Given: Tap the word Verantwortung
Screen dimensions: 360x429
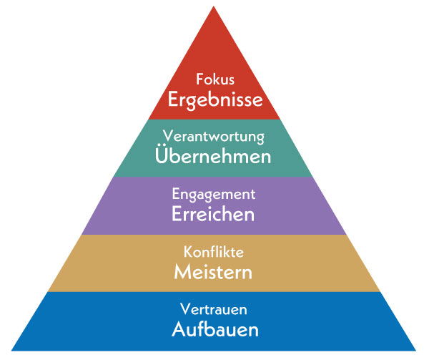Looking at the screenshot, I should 214,135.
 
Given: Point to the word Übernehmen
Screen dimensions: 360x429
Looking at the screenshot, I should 214,155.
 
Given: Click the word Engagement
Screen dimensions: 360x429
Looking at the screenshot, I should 214,194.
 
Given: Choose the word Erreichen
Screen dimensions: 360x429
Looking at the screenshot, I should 214,213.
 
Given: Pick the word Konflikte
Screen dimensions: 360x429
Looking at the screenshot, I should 214,252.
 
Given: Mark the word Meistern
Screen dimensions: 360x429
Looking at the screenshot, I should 214,272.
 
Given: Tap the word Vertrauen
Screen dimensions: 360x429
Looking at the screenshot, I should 214,310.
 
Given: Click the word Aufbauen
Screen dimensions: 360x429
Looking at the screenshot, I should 214,330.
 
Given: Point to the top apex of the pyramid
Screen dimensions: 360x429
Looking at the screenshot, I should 214,6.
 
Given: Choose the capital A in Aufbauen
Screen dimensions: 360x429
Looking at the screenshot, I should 177,330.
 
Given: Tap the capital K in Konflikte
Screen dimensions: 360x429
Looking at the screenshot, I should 188,252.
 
